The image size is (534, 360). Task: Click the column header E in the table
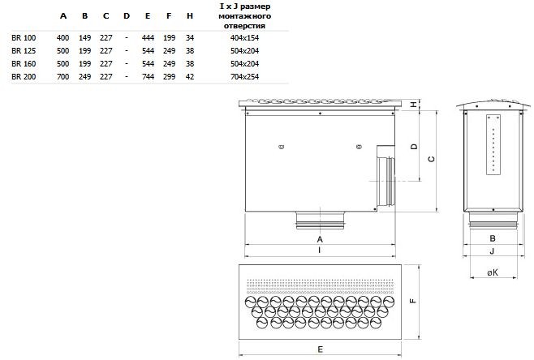pyautogui.click(x=147, y=16)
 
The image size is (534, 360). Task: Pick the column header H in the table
pyautogui.click(x=189, y=16)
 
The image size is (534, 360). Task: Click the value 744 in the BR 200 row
pyautogui.click(x=147, y=76)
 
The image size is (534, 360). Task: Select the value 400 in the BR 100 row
pyautogui.click(x=62, y=37)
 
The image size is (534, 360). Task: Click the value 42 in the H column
pyautogui.click(x=189, y=76)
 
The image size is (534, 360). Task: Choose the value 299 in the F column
pyautogui.click(x=168, y=76)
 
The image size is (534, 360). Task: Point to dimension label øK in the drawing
pyautogui.click(x=492, y=273)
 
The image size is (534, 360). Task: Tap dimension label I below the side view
pyautogui.click(x=320, y=251)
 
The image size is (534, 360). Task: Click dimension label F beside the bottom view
pyautogui.click(x=413, y=301)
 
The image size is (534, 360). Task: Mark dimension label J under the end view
pyautogui.click(x=492, y=251)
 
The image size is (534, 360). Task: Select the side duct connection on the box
pyautogui.click(x=386, y=178)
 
